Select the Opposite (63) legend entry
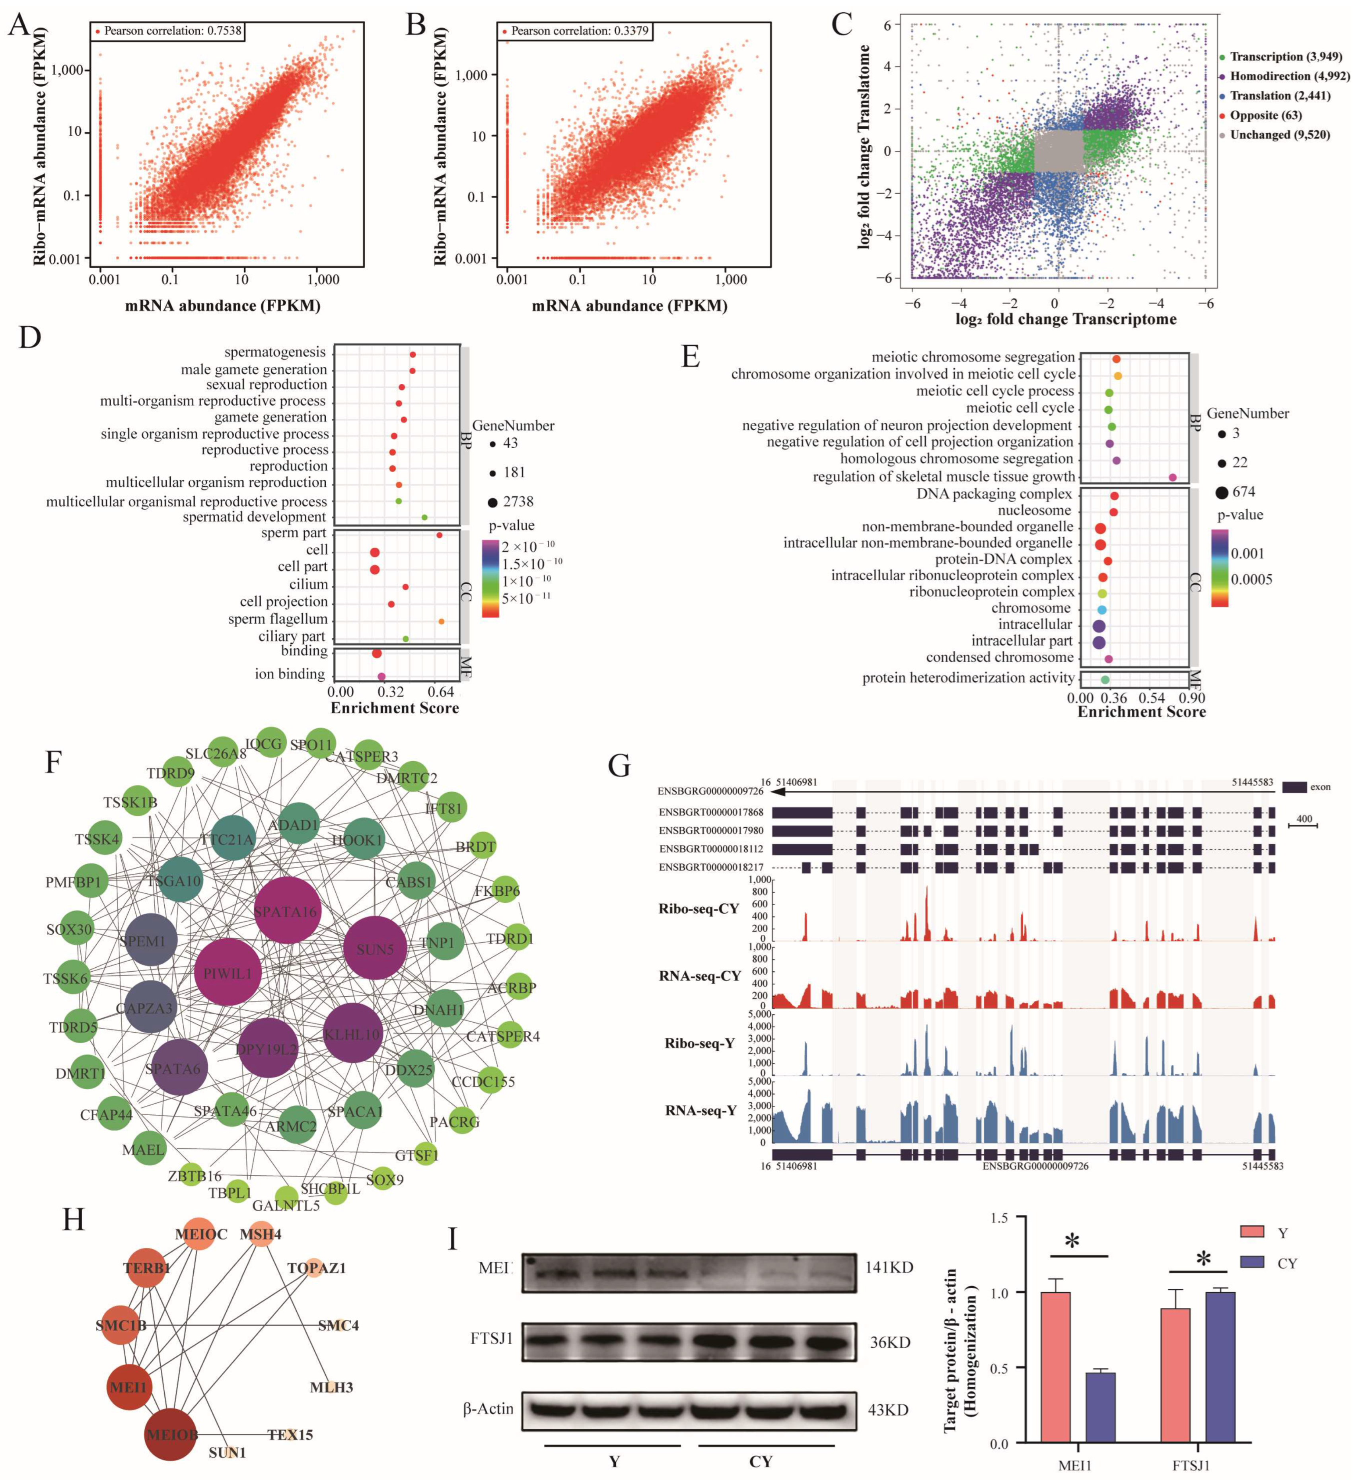click(1265, 115)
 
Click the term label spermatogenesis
click(274, 352)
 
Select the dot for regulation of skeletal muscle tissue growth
click(1173, 478)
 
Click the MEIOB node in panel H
click(171, 1434)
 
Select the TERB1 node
click(147, 1268)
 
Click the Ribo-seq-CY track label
click(698, 909)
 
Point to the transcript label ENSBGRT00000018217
click(711, 867)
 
